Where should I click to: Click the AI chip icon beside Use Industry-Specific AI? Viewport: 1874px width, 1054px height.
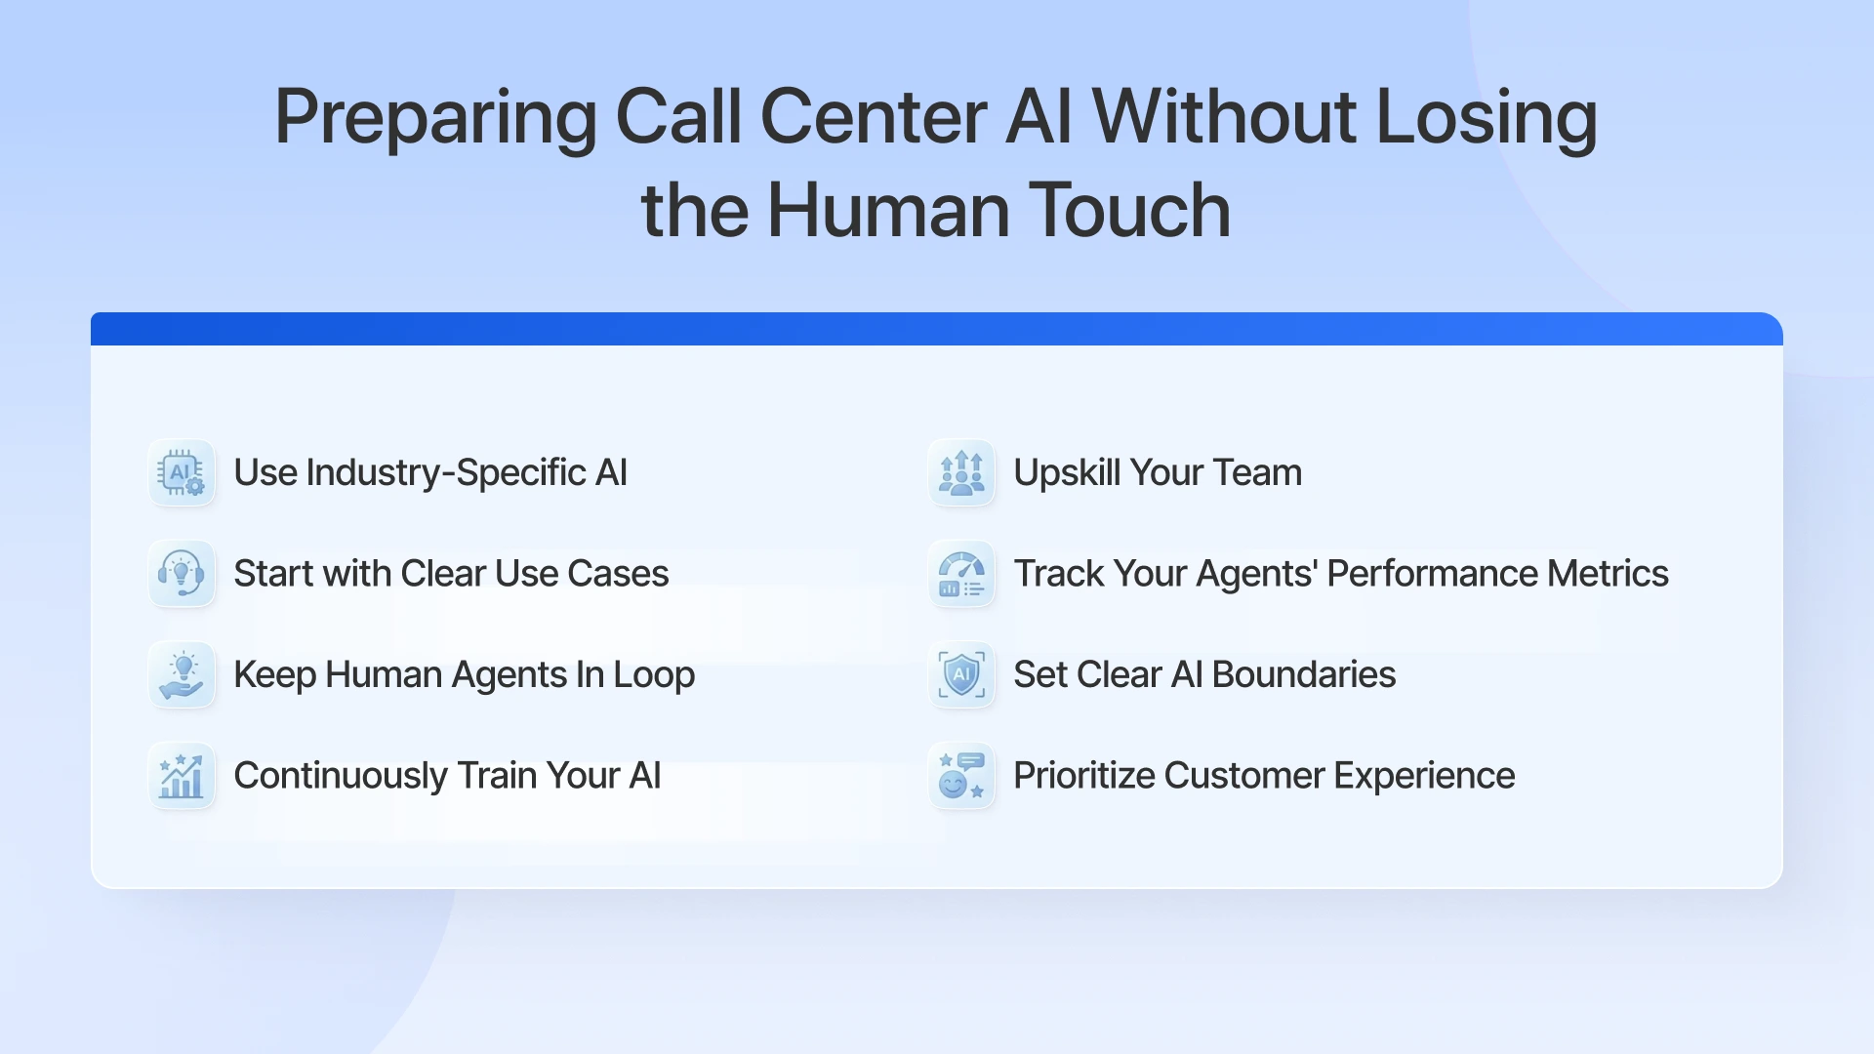point(182,473)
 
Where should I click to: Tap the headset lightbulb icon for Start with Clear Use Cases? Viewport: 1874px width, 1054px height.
point(182,574)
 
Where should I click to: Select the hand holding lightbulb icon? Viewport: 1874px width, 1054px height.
point(182,675)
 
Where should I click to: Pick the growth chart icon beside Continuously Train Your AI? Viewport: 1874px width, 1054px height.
point(182,776)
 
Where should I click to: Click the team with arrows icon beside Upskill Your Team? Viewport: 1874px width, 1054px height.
point(961,473)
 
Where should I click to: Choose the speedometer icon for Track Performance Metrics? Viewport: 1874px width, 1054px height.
point(961,574)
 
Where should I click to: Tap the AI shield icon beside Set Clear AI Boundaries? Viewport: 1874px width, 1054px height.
point(961,675)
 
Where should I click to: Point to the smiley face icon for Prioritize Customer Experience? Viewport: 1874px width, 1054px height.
point(961,776)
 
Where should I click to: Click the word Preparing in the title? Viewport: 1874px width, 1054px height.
point(434,119)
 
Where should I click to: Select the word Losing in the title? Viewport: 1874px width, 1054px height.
point(1486,119)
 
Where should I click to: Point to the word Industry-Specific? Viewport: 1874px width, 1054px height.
point(446,473)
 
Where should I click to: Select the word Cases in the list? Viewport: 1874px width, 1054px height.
point(618,574)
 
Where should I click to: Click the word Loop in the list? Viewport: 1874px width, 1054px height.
point(654,675)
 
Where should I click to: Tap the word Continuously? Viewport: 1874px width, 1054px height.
point(341,776)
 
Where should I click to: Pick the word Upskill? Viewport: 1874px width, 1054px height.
point(1067,473)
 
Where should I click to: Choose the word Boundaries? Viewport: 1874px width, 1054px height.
point(1303,675)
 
